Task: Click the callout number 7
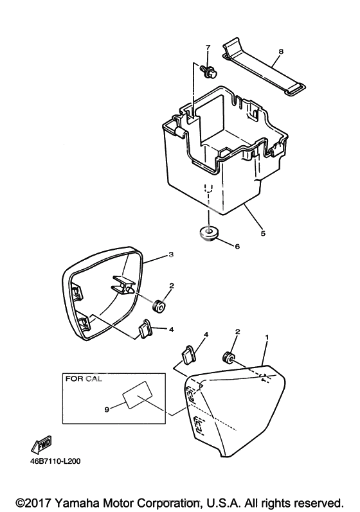[208, 48]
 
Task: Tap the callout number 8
[281, 51]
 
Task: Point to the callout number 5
[264, 233]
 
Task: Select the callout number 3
[171, 254]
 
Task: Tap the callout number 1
[267, 337]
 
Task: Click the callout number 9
[107, 409]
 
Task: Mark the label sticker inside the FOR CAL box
[137, 395]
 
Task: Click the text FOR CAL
[84, 379]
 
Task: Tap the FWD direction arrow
[42, 445]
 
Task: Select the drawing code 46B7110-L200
[56, 461]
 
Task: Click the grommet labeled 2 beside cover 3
[159, 306]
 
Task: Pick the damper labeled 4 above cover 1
[189, 354]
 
